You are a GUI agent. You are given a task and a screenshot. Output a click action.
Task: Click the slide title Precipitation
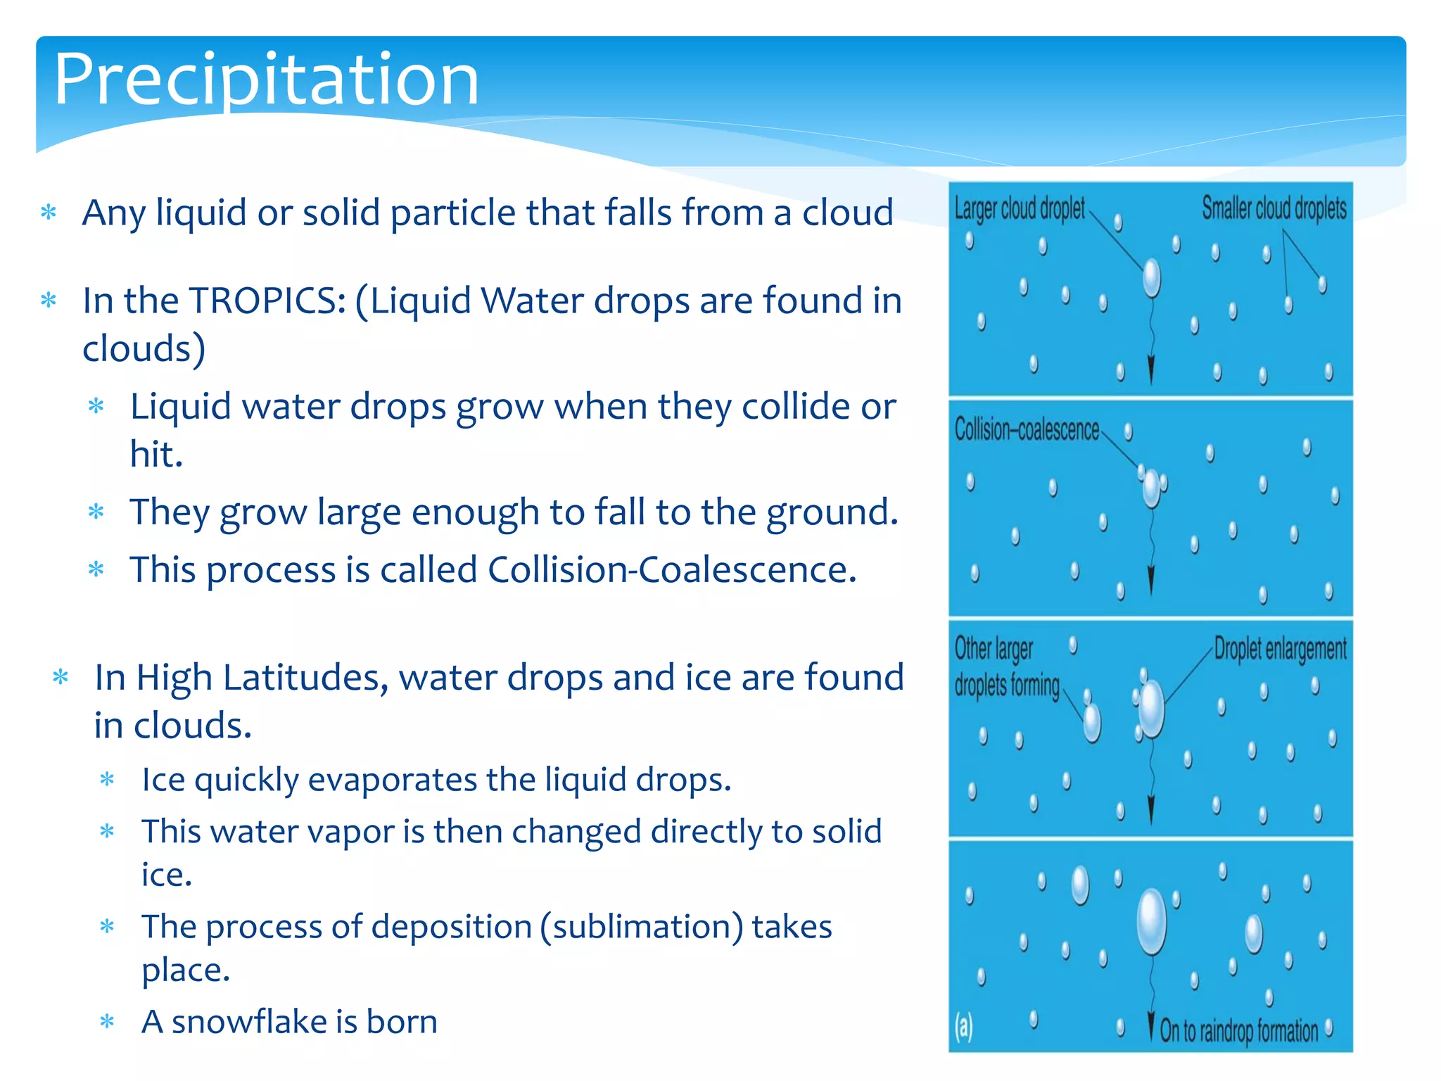click(266, 79)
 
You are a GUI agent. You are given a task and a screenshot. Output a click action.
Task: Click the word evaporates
click(393, 780)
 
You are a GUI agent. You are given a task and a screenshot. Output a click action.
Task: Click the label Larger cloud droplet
click(1019, 208)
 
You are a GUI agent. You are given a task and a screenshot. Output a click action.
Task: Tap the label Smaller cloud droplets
click(1274, 208)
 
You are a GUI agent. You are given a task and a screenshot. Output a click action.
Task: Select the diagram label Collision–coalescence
click(1026, 429)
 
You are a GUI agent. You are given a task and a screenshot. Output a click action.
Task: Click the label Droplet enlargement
click(1280, 649)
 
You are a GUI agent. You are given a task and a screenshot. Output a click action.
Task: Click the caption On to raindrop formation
click(1238, 1031)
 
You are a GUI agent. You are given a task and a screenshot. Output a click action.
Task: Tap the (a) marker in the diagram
click(963, 1028)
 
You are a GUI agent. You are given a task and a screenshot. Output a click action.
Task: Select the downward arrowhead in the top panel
click(1151, 369)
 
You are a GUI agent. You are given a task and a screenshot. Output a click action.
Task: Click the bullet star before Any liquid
click(49, 213)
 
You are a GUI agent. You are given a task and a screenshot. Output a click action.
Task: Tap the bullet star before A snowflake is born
click(107, 1021)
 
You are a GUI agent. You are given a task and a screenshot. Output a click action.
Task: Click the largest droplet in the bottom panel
click(1151, 921)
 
